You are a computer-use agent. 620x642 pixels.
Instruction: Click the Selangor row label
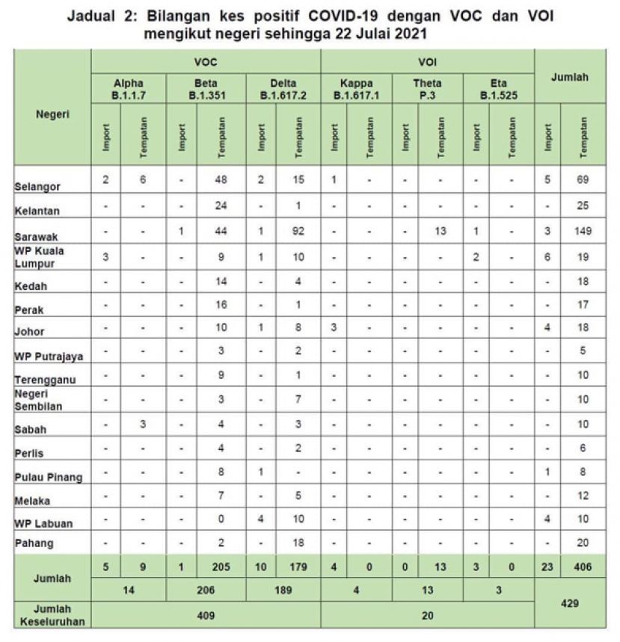[x=37, y=187]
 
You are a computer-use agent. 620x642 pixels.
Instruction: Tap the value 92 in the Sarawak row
[x=299, y=232]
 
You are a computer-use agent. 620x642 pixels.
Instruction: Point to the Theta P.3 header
[x=427, y=89]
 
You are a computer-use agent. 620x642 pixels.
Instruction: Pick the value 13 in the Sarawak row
[x=441, y=232]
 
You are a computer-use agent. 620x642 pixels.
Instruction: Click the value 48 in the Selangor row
[x=221, y=180]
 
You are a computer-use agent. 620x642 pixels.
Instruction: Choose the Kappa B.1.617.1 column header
[x=356, y=89]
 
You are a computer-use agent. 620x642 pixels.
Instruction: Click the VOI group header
[x=427, y=62]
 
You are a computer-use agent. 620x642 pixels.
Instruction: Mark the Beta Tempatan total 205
[x=221, y=567]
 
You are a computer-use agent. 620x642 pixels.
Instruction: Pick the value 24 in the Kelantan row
[x=221, y=204]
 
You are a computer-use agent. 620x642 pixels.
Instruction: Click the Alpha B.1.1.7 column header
[x=128, y=89]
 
